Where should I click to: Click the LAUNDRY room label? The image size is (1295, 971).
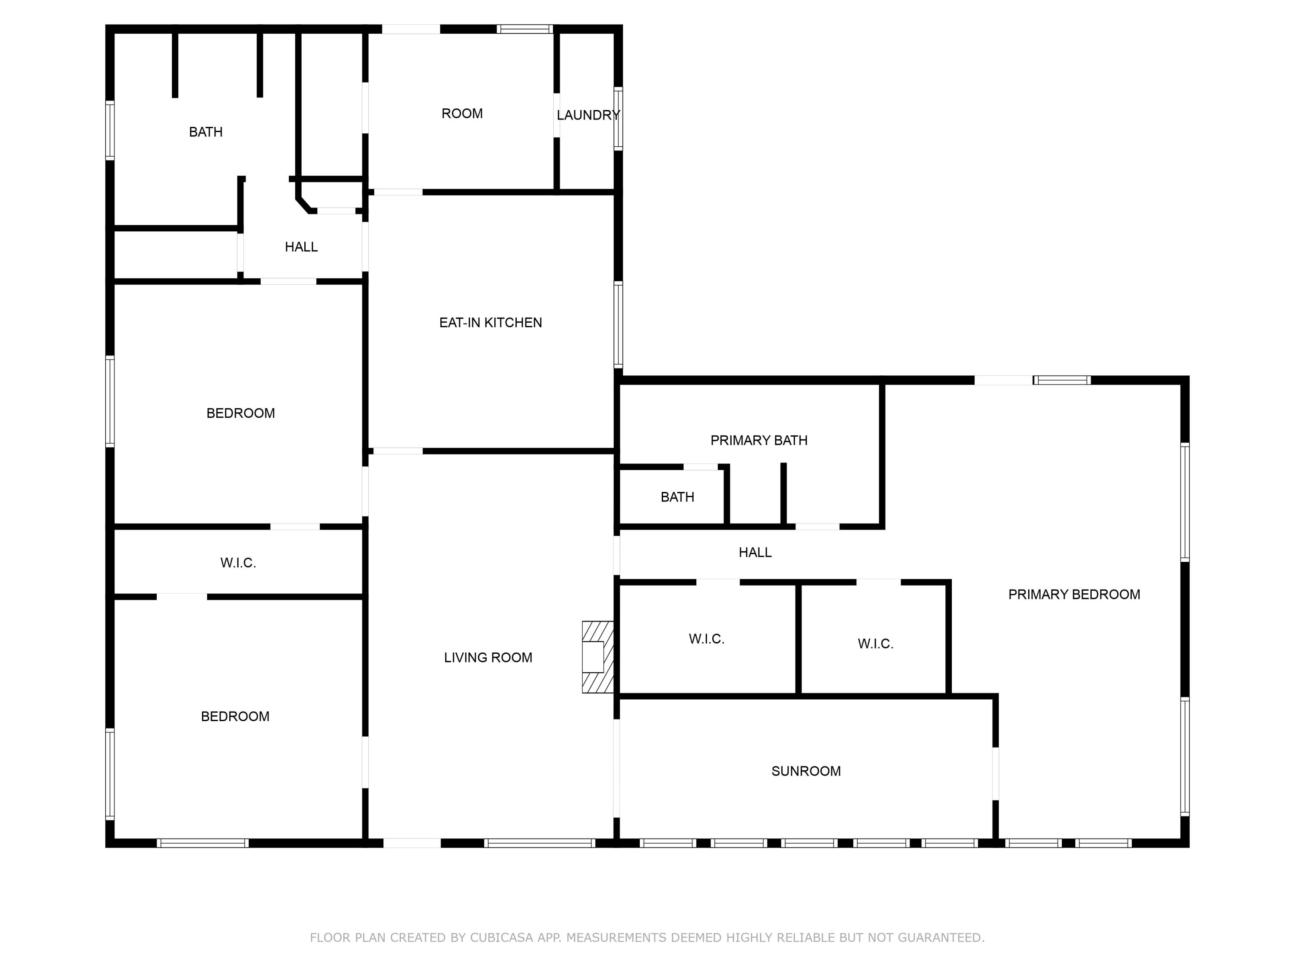[588, 115]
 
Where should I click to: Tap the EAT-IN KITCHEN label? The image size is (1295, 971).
[491, 322]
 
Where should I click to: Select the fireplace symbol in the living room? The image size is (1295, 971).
[597, 657]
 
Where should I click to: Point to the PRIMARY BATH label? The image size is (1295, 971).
[759, 440]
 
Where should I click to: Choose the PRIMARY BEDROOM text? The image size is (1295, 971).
[1074, 595]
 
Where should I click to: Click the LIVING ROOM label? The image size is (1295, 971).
[488, 658]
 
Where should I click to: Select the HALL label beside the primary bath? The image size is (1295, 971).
[755, 552]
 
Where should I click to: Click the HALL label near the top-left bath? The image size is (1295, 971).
[301, 247]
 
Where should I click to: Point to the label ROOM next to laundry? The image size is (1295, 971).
[462, 113]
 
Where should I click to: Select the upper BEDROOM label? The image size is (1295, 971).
[240, 413]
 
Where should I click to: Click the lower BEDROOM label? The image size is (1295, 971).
[235, 716]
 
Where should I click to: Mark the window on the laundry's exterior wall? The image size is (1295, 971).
[618, 118]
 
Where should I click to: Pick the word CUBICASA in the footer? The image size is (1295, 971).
[501, 938]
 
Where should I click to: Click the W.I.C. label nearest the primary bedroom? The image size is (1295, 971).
[875, 644]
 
